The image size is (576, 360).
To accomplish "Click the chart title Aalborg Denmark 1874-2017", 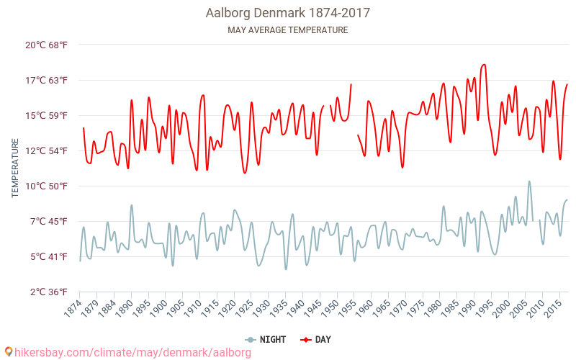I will [288, 13].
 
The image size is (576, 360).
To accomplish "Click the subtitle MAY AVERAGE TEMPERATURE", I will [288, 30].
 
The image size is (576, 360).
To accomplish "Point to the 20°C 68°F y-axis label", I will [46, 45].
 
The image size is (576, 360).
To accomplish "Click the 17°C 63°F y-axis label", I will [46, 80].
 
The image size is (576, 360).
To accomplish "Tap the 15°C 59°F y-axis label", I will [46, 115].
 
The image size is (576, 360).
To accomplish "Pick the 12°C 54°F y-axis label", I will [46, 150].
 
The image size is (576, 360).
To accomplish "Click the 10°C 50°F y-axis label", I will [46, 186].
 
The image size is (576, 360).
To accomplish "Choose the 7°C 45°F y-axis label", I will [46, 221].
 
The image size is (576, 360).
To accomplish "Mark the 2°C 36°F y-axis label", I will [46, 292].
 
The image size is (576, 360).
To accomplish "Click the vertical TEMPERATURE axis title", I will [15, 168].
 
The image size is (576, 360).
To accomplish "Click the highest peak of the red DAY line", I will [485, 65].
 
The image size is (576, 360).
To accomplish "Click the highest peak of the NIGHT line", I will [529, 181].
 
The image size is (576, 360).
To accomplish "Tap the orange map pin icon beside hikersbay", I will [8, 352].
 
